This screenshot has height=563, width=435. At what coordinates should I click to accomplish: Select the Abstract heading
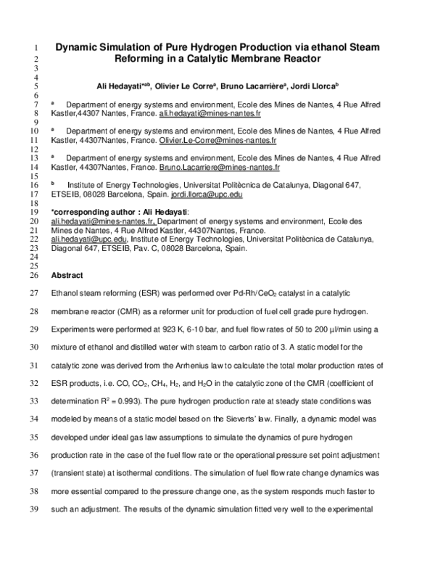67,276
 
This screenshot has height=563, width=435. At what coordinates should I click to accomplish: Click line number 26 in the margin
33,276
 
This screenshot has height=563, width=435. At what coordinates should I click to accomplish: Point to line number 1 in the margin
35,49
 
